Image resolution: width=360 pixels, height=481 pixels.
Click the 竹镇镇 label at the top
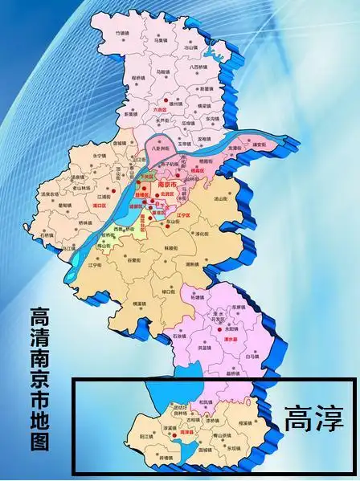pyautogui.click(x=122, y=34)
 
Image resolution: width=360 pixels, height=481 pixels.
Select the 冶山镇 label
pyautogui.click(x=191, y=48)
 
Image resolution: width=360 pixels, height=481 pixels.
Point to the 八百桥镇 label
pyautogui.click(x=200, y=69)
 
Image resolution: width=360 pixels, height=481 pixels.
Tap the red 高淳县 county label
pyautogui.click(x=188, y=431)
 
